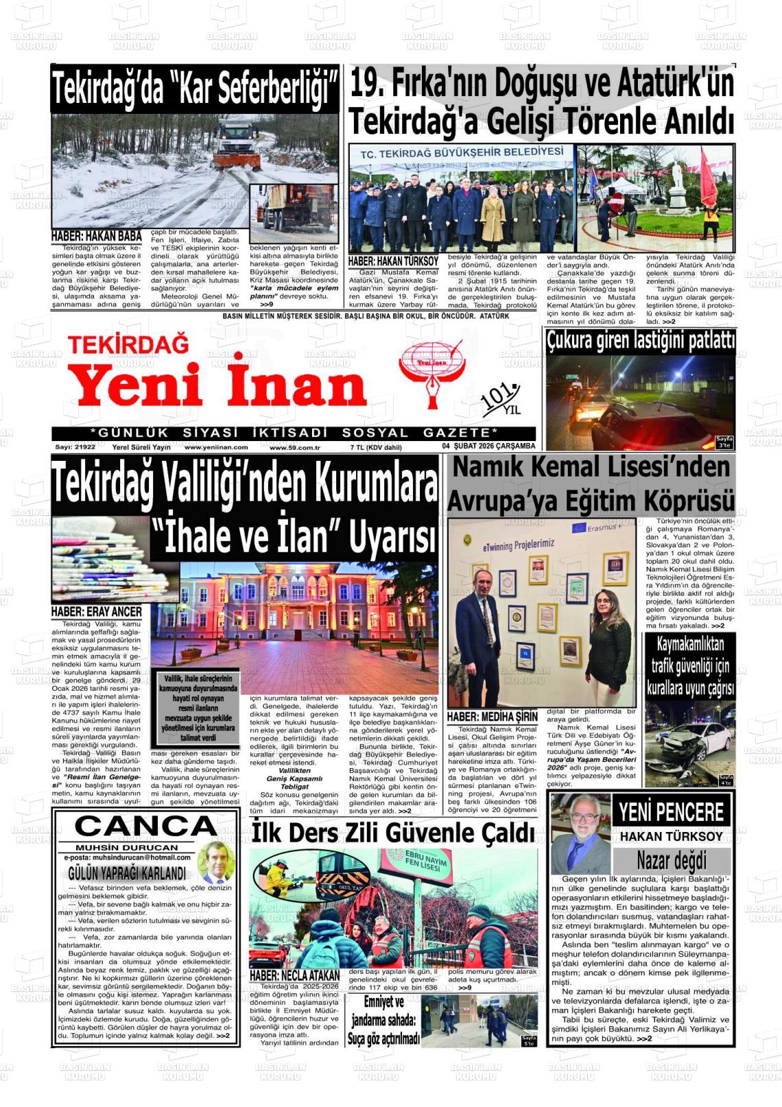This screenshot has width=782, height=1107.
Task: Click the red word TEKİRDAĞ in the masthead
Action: click(x=128, y=344)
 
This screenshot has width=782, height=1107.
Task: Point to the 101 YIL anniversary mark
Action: click(x=501, y=401)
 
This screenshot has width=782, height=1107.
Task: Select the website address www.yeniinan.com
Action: click(x=216, y=447)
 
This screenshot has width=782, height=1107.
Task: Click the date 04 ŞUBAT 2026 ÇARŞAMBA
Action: click(x=488, y=447)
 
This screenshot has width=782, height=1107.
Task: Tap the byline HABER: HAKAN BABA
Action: click(x=96, y=237)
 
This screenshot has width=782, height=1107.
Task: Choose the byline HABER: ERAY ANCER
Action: click(x=96, y=611)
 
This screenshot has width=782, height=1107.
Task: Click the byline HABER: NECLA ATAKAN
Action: click(x=294, y=975)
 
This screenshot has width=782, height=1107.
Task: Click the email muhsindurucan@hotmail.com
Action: click(x=127, y=857)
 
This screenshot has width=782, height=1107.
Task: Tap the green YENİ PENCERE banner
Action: click(x=671, y=812)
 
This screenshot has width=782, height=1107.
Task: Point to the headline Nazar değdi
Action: click(x=671, y=860)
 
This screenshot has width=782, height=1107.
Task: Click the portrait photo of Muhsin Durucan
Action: click(x=216, y=863)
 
